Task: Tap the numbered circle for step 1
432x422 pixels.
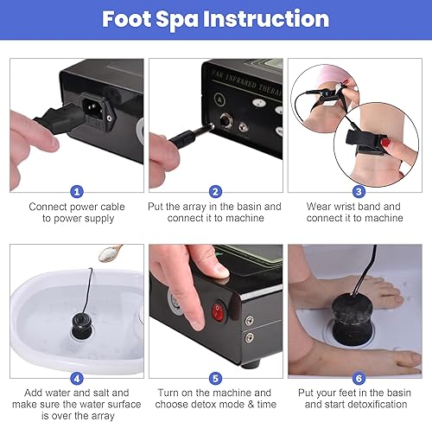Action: pyautogui.click(x=77, y=191)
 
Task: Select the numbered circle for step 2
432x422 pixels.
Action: pyautogui.click(x=216, y=191)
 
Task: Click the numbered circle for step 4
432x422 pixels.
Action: pyautogui.click(x=77, y=377)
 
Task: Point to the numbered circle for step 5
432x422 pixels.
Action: pyautogui.click(x=216, y=377)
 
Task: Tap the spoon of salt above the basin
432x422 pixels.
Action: pyautogui.click(x=110, y=253)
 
